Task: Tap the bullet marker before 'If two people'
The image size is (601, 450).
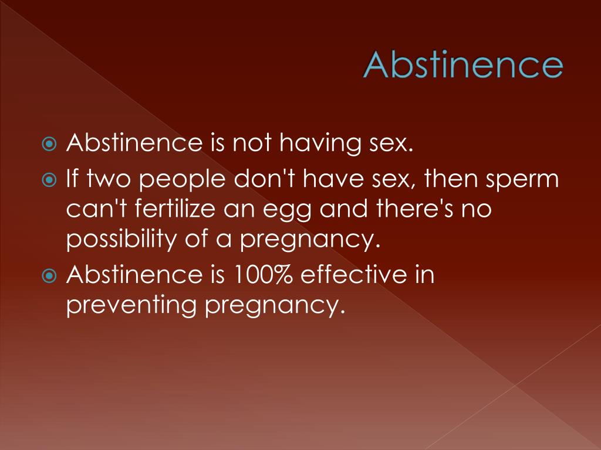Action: (x=51, y=180)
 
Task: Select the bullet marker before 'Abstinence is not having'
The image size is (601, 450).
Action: (x=51, y=144)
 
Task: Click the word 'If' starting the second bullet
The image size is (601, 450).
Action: (x=73, y=179)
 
